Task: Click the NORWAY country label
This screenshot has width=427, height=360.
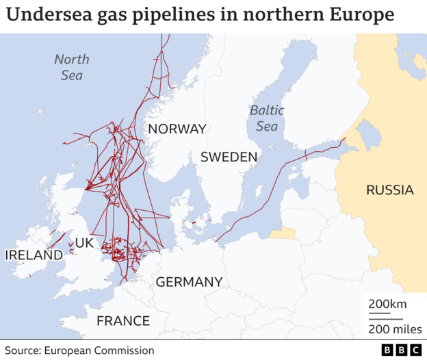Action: coord(177,129)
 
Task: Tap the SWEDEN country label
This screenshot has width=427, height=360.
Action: coord(229,157)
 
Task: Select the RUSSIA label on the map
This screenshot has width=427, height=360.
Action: coord(389,190)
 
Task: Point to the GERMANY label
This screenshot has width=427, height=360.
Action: coord(189,282)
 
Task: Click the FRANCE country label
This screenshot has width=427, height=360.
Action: coord(123,321)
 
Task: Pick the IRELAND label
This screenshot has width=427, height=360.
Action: coord(34,255)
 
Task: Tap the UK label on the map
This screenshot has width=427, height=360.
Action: coord(83,243)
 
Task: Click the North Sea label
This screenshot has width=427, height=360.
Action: coord(72,67)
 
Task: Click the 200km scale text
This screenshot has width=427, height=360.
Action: coord(387,304)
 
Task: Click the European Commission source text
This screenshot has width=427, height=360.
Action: coord(99,350)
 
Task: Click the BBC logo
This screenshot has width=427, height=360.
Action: coord(400,350)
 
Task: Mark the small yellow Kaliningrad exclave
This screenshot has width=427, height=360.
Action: coord(282,233)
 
